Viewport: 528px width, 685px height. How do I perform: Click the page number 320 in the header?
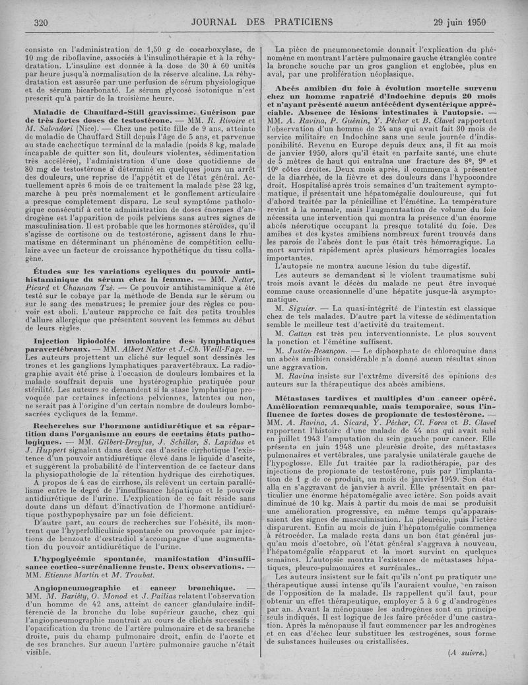pos(41,22)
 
